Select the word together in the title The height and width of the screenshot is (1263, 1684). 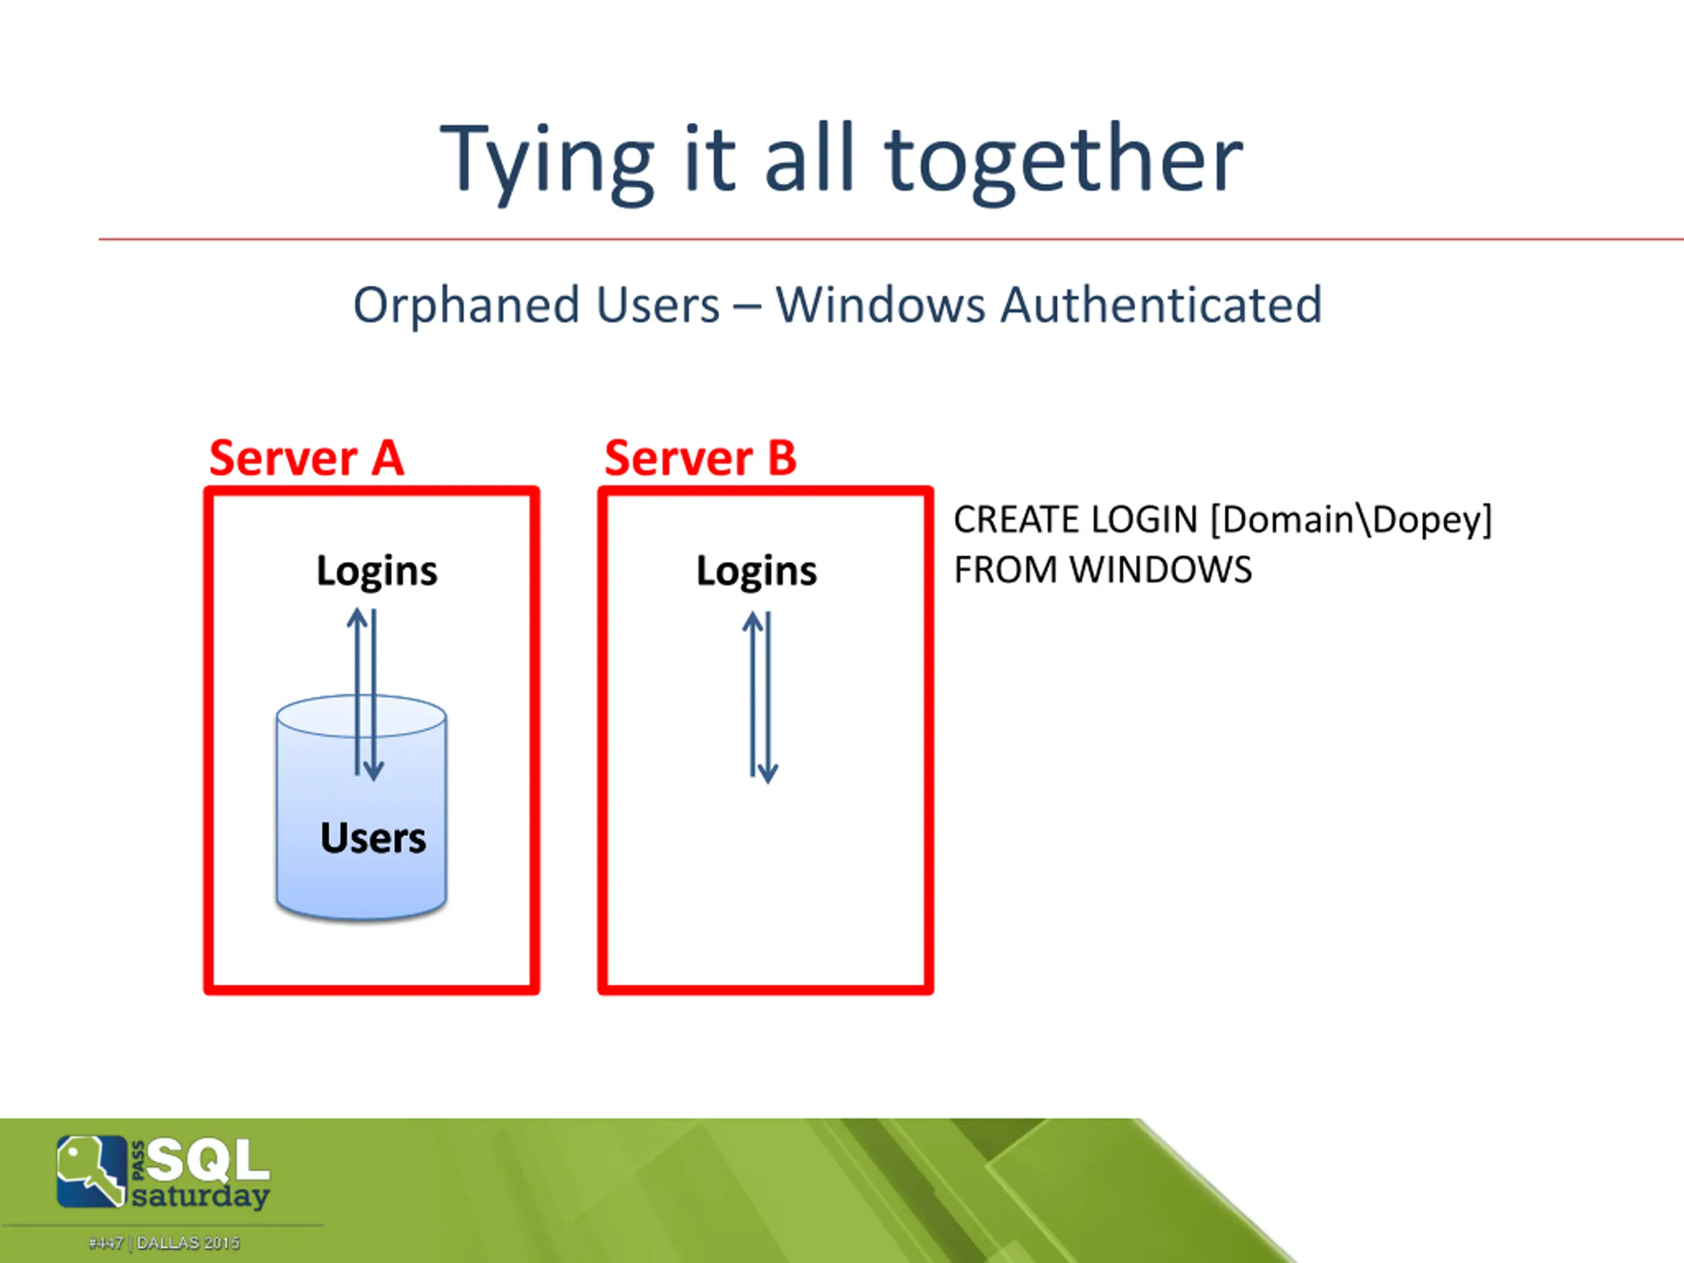point(1064,161)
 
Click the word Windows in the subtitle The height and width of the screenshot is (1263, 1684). point(881,305)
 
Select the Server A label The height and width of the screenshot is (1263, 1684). point(306,458)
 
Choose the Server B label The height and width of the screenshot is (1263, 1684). point(701,458)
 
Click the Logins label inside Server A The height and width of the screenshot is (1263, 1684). point(377,571)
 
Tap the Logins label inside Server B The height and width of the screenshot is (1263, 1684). point(756,571)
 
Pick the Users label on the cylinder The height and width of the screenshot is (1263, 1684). point(373,838)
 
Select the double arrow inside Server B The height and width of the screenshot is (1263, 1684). point(760,697)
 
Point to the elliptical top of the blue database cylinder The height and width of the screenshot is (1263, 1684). point(362,716)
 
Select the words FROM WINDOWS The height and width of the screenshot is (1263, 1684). point(1103,570)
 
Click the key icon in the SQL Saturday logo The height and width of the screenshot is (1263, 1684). point(91,1171)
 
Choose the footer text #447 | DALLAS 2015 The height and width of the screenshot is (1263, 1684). point(164,1243)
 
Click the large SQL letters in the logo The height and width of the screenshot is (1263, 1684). point(208,1160)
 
